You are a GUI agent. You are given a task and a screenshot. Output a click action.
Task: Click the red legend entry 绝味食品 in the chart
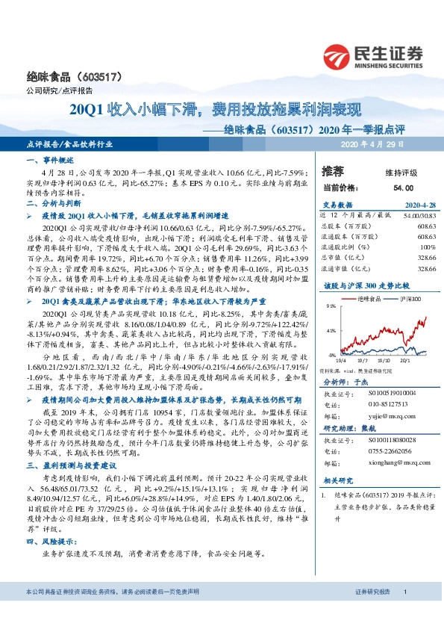pos(371,297)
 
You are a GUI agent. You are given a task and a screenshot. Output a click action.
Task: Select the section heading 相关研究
pos(337,482)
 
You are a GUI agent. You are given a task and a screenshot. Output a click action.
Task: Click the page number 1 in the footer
pos(404,612)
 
